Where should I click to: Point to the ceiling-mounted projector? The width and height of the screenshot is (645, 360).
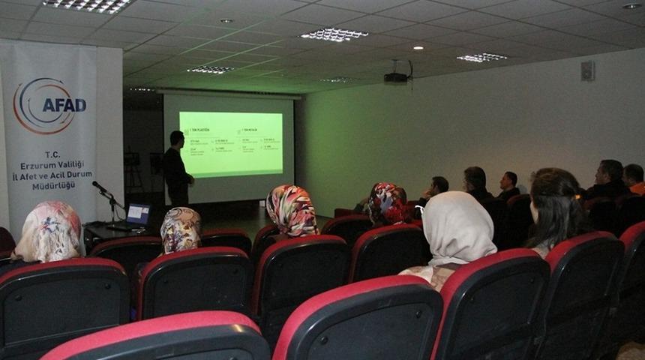point(397,76)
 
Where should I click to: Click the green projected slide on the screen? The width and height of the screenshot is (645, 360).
point(230,143)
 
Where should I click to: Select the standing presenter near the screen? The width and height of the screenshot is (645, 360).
point(177,169)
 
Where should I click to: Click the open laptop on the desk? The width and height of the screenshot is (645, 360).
point(136,216)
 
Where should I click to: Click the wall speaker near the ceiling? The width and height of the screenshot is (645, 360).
point(587,70)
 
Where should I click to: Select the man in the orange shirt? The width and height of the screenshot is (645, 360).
point(634,179)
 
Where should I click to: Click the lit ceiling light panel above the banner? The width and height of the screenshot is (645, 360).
point(89,6)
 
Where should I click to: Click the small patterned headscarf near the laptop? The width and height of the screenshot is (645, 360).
point(180,229)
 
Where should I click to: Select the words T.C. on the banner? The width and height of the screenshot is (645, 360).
point(52,154)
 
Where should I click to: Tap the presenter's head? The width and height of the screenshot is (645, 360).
point(176,139)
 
